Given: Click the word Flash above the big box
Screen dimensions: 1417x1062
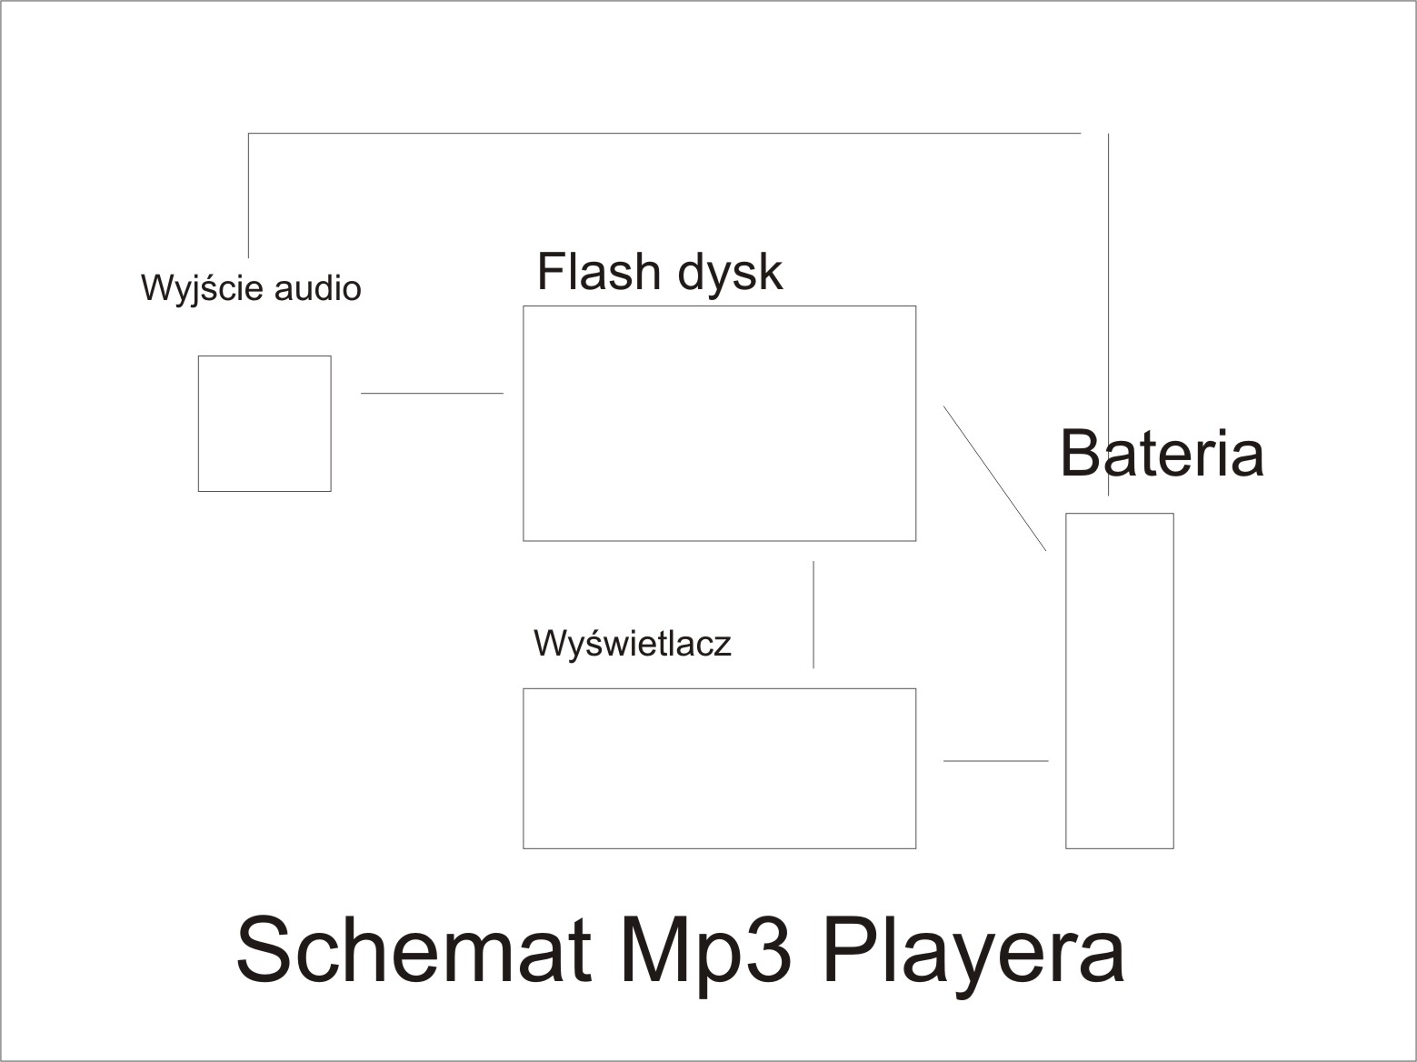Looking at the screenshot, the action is click(598, 271).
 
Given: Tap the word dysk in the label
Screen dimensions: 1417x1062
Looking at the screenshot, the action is click(730, 275).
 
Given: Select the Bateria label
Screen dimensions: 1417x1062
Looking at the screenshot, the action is click(1162, 453).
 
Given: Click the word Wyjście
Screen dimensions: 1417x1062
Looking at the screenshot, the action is click(202, 288).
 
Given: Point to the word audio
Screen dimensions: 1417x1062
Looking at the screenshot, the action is click(317, 288).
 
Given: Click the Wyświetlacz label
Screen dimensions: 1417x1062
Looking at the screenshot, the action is click(633, 644).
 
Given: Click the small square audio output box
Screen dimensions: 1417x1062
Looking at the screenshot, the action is click(264, 424).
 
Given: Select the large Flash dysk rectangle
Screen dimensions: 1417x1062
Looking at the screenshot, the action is click(719, 424).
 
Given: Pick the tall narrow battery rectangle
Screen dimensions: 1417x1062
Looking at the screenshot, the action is click(1120, 681).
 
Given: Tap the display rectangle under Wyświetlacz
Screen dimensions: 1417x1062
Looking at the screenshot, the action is click(719, 769).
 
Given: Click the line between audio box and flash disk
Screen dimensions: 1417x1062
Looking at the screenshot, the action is click(432, 393).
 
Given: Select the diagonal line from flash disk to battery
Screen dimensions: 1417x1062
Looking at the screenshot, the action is click(994, 478).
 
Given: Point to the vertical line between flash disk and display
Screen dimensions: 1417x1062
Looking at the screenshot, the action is click(813, 615).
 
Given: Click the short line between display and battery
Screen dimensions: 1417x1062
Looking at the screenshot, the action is click(995, 761).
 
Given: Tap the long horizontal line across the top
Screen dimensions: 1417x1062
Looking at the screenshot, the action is click(665, 134).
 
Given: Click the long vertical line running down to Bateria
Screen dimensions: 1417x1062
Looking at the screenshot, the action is click(1109, 315).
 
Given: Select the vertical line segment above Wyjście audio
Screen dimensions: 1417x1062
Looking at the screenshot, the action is click(248, 195).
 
